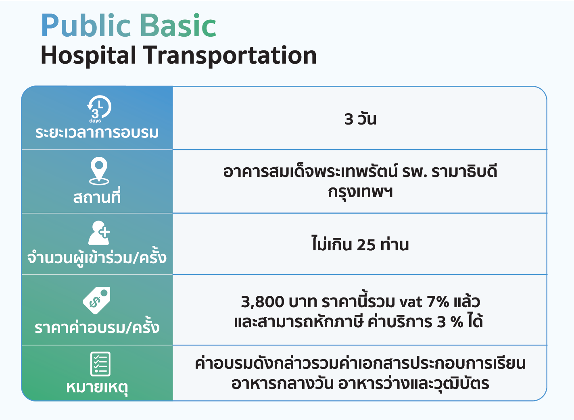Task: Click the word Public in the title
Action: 86,26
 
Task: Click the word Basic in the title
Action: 178,26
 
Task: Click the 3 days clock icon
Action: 99,109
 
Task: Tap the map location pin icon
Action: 99,171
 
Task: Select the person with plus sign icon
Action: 99,233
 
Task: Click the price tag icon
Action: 96,300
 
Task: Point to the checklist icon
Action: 100,364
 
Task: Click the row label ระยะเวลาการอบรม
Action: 97,133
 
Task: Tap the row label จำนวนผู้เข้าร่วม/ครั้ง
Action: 97,257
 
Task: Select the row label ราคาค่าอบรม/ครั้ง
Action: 97,326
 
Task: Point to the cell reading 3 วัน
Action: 360,119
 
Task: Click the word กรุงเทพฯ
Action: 360,192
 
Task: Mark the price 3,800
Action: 263,301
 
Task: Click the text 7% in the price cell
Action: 438,301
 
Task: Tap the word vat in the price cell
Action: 411,302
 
